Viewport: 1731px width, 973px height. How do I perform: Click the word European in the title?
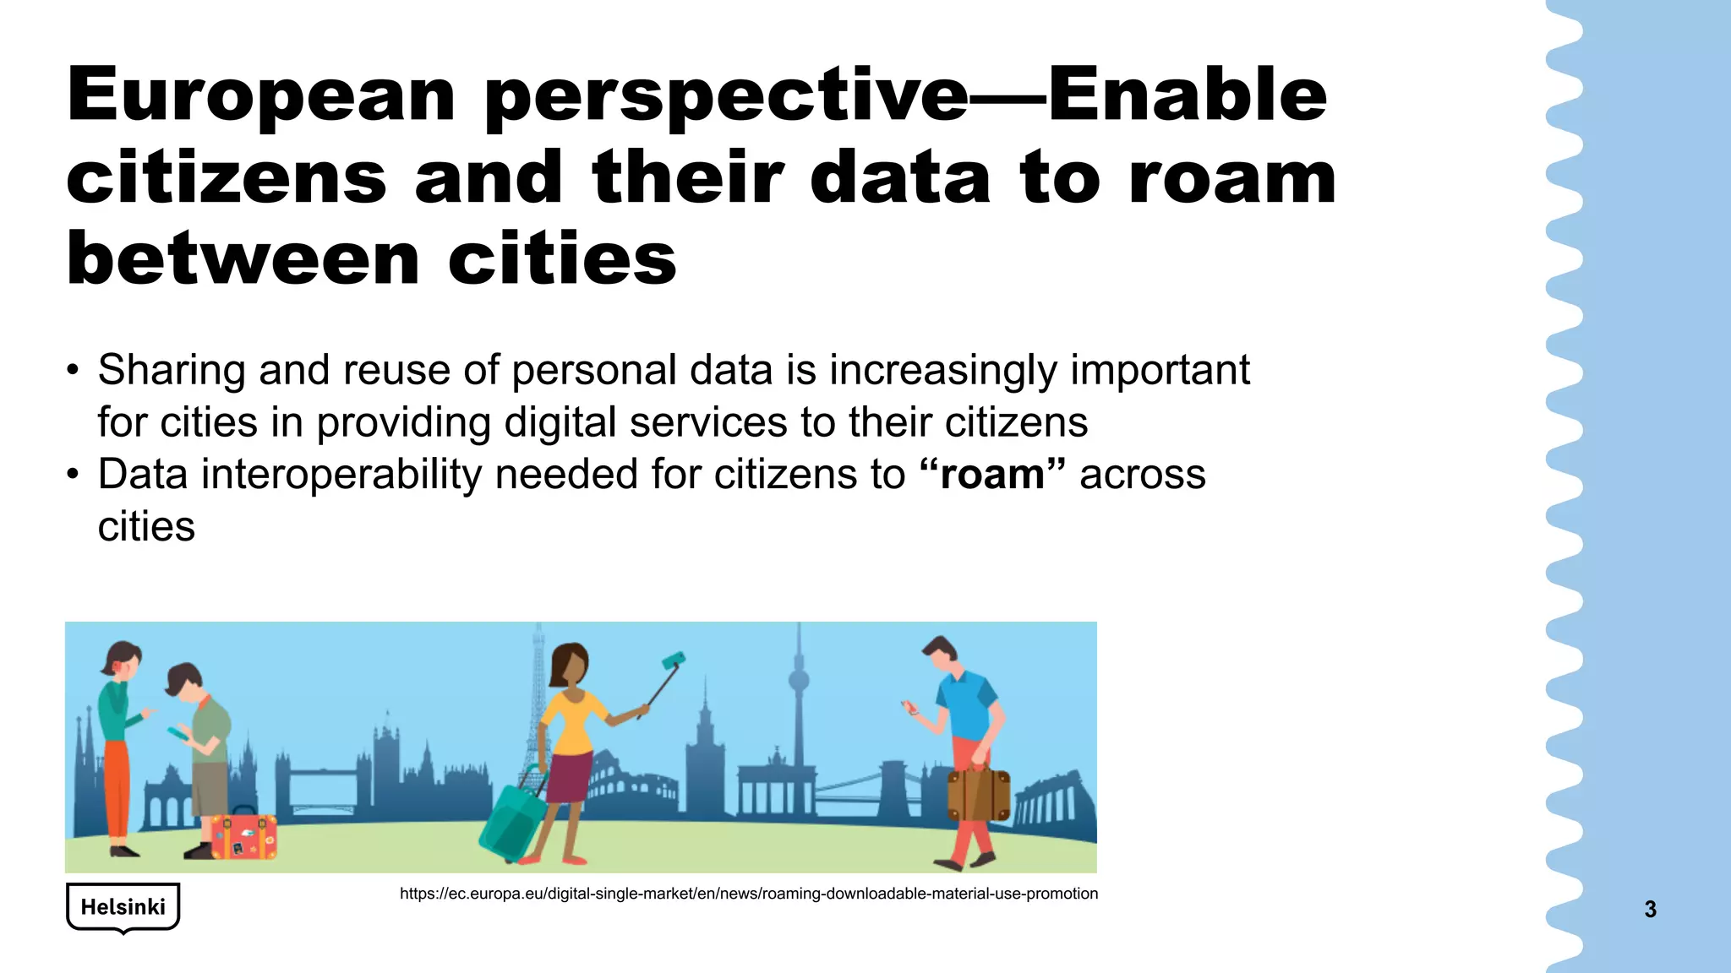[260, 95]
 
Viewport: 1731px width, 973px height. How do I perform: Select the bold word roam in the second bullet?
[991, 475]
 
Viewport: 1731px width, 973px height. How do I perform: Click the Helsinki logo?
[123, 907]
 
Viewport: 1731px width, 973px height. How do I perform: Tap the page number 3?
[1650, 910]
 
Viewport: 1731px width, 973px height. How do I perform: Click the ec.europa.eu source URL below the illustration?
[748, 894]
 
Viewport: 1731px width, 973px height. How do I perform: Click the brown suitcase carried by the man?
[978, 795]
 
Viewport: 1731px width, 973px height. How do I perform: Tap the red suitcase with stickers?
[243, 836]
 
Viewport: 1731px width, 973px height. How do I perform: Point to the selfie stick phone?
[674, 660]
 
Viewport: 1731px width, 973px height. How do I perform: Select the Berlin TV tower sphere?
[798, 680]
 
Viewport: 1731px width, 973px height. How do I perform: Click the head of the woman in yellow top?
[570, 666]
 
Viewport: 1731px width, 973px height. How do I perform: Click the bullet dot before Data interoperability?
[74, 475]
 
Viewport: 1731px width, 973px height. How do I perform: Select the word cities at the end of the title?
[562, 258]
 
